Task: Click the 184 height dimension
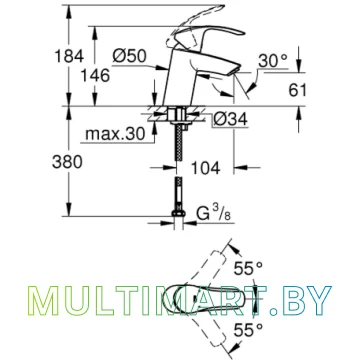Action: tap(70, 56)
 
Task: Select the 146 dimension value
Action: tap(95, 76)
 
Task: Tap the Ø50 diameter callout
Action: tap(129, 56)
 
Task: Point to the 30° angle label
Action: tap(273, 61)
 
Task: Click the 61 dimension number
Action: tap(297, 90)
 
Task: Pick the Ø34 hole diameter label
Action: tap(231, 119)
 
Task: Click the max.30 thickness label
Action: tap(115, 134)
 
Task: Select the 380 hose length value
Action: tap(67, 162)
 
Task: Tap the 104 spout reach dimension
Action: tap(206, 168)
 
